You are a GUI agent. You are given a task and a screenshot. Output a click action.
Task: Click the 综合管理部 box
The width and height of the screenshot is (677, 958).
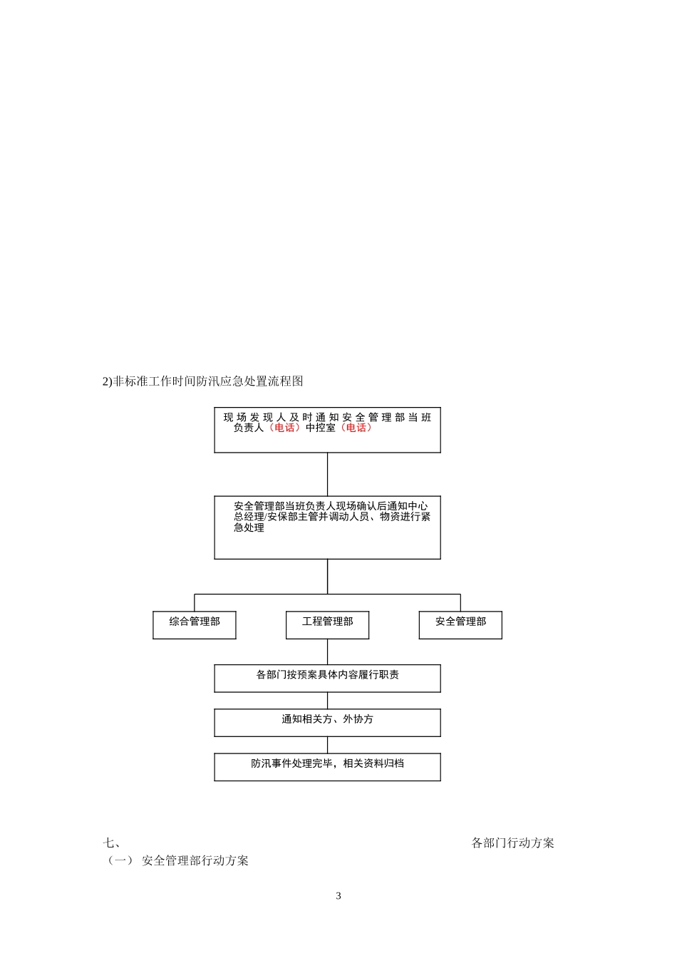(195, 624)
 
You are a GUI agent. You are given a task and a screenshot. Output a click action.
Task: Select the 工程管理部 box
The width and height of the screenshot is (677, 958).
(327, 624)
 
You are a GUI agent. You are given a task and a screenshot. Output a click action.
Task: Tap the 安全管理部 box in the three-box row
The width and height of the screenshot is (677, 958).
(460, 624)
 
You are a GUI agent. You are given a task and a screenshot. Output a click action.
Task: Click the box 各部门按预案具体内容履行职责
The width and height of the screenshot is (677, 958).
(327, 678)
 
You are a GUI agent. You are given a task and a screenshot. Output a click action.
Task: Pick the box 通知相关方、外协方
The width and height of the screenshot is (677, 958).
(327, 722)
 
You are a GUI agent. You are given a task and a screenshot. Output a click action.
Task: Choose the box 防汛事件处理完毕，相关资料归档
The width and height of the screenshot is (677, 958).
(327, 766)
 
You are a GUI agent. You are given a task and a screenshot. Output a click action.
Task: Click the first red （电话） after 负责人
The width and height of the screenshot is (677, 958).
(284, 428)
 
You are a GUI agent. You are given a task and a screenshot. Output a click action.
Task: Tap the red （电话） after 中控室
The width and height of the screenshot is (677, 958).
(356, 428)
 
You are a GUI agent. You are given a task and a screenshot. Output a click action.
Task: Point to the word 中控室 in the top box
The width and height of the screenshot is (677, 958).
(321, 428)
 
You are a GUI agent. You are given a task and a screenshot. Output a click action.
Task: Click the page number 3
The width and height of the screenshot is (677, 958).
(338, 896)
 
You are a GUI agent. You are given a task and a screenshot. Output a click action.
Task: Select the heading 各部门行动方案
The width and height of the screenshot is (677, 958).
(512, 843)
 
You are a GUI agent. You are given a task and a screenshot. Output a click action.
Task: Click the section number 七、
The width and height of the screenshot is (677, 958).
(110, 843)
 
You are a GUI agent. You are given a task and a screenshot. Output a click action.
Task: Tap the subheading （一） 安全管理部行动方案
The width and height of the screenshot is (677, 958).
(177, 861)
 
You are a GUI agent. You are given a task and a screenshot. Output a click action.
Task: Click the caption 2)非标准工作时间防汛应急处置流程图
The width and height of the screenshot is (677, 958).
(203, 381)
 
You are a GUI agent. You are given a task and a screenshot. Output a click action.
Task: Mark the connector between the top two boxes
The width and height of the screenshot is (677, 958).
(327, 474)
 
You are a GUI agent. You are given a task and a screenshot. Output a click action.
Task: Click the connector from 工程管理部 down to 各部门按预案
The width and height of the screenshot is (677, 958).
(327, 651)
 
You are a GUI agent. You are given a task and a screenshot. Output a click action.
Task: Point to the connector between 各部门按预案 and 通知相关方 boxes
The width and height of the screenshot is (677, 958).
(327, 701)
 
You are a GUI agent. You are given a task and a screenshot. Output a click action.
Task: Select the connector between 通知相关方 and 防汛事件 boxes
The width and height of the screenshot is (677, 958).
(327, 745)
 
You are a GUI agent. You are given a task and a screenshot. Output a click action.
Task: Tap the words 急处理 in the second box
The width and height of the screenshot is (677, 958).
(249, 527)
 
